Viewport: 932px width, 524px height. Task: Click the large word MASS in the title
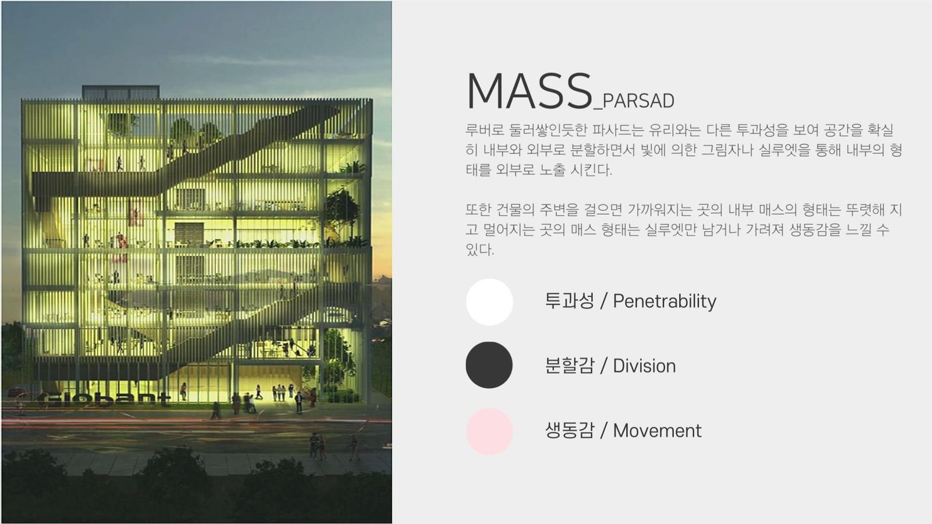coord(529,91)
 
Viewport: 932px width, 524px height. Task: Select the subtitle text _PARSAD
coord(634,101)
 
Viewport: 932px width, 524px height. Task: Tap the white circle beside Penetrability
coord(489,302)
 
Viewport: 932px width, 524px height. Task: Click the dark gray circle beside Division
coord(489,365)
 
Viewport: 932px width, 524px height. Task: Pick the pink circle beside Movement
coord(489,431)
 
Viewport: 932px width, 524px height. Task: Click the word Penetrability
coord(665,302)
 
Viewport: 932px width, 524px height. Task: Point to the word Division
coord(644,366)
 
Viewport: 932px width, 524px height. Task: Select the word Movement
coord(657,430)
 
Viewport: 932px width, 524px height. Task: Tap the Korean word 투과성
coord(570,300)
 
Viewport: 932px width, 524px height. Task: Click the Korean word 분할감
coord(570,366)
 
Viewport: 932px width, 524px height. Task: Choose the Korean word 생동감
coord(570,430)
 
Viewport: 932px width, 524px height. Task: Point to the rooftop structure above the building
coord(121,92)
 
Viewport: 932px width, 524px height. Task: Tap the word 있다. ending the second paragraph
coord(480,250)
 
